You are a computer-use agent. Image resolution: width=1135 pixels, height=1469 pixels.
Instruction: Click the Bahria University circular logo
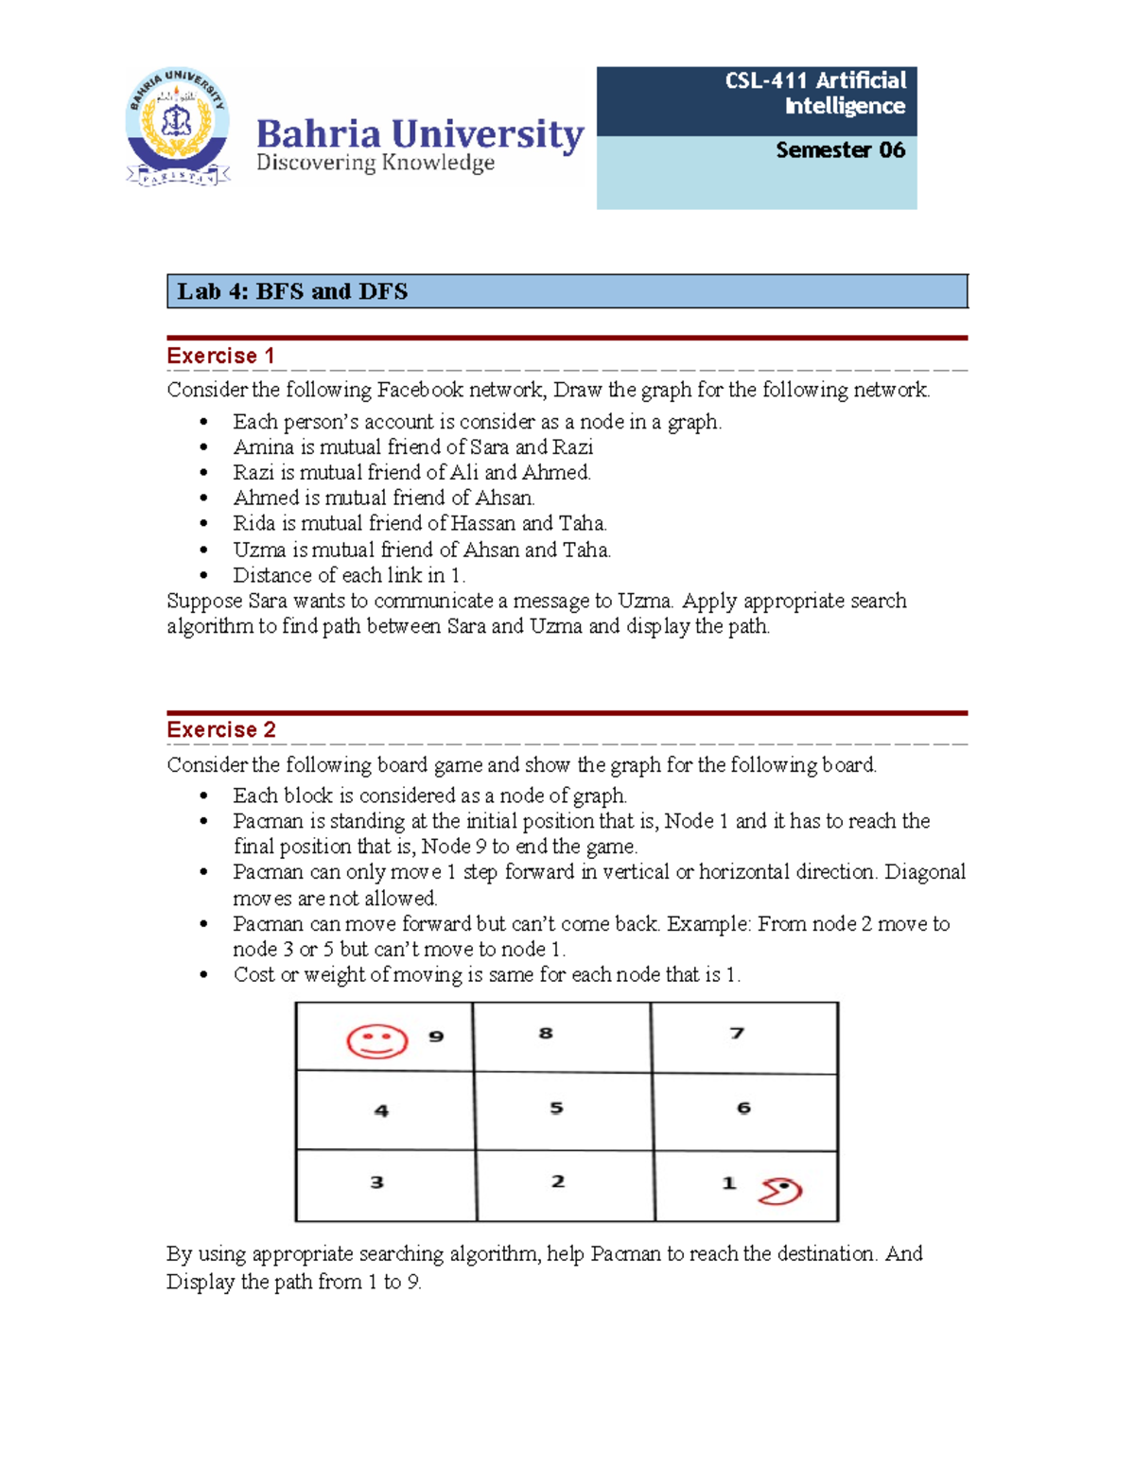(178, 127)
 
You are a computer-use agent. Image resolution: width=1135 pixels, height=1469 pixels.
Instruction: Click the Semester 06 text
(840, 150)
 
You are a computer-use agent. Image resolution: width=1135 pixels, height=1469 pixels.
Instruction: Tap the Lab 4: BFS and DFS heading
(292, 291)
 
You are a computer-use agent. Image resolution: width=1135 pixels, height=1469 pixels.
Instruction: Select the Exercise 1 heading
(220, 356)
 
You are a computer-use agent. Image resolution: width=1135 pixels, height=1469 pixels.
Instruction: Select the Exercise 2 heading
(221, 729)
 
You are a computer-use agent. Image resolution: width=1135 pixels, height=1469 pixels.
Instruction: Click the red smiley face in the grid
(377, 1041)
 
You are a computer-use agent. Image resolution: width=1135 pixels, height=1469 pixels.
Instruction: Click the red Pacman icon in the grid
(779, 1191)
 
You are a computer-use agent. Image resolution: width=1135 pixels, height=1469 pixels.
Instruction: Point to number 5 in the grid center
(556, 1108)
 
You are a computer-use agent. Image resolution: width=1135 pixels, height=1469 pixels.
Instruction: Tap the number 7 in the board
(737, 1033)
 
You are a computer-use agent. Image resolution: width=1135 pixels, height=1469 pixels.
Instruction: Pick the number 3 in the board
(376, 1182)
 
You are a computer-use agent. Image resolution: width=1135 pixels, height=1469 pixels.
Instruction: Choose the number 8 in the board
(546, 1033)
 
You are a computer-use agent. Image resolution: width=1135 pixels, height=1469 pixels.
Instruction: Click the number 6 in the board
(743, 1108)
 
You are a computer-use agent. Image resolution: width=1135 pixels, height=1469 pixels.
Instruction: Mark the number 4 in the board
(381, 1110)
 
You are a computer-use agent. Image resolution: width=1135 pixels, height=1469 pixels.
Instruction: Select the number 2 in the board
(558, 1181)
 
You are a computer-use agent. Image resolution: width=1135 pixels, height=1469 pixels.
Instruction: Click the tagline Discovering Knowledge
(375, 164)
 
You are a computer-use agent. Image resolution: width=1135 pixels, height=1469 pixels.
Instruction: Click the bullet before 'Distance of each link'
(203, 576)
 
